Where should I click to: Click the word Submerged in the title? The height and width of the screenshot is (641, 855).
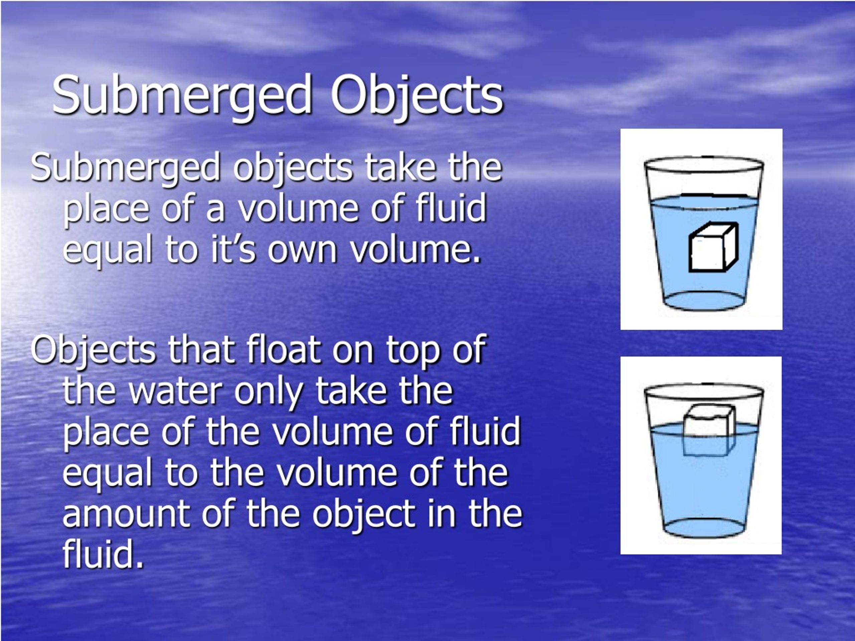(182, 95)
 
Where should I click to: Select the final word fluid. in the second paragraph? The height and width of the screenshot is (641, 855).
(103, 555)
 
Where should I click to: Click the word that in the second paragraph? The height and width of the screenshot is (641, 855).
(201, 350)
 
